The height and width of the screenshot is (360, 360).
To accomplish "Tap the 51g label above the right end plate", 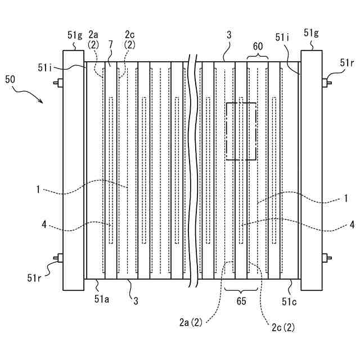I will [x=311, y=33].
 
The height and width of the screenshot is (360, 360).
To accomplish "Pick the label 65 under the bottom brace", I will [x=241, y=301].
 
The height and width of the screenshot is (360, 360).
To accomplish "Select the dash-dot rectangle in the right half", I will [x=241, y=130].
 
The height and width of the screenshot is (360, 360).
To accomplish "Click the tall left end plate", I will [x=73, y=169].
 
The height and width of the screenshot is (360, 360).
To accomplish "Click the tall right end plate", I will [x=312, y=169].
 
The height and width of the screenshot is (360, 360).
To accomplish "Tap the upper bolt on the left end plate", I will [x=57, y=83].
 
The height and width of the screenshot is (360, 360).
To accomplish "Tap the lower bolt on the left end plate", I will [x=57, y=258].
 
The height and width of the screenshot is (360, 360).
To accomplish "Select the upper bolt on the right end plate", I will [x=327, y=83].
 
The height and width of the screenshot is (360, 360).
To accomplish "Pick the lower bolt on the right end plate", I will [x=327, y=258].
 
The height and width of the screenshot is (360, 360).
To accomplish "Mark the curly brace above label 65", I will [x=241, y=288].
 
